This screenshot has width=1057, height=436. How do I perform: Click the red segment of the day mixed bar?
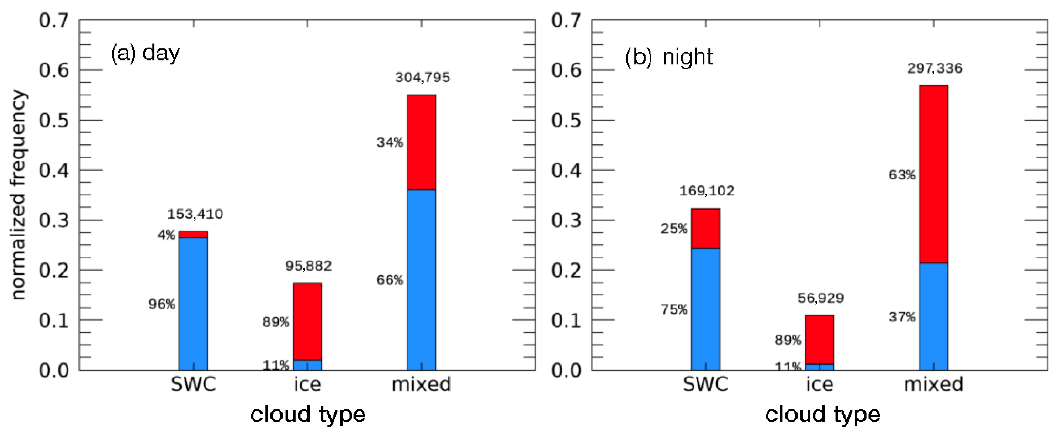(421, 142)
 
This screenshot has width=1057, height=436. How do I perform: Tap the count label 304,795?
(422, 77)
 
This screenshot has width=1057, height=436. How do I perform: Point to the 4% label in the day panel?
(166, 235)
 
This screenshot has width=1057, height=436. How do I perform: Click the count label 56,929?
(820, 298)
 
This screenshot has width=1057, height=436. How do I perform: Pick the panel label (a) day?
(145, 53)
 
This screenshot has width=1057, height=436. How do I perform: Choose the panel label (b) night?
(669, 57)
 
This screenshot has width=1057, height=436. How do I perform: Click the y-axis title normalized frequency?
(18, 195)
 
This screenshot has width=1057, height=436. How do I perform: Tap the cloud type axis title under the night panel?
(822, 414)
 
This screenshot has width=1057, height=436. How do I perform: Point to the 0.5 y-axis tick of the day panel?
(54, 121)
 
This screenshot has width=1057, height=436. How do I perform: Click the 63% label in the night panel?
(902, 175)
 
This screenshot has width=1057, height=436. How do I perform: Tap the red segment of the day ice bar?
(307, 322)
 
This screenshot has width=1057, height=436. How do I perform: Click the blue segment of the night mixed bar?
(934, 316)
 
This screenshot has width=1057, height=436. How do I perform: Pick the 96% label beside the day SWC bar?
(162, 304)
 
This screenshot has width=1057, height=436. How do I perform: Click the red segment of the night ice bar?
(819, 340)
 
